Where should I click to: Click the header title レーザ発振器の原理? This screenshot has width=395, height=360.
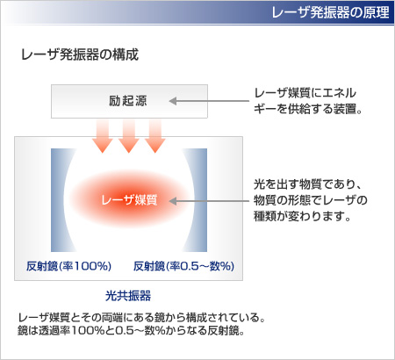coord(330,12)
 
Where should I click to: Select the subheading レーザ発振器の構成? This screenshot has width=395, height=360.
coord(80,54)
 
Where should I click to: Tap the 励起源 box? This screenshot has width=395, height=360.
coord(129,101)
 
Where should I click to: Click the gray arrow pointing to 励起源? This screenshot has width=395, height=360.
coord(209,101)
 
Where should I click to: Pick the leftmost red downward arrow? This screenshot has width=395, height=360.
coord(103,136)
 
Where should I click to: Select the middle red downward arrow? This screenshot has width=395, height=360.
coord(129,136)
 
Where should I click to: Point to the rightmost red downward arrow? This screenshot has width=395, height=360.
coord(155,136)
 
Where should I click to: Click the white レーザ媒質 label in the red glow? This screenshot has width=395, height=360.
coord(129,200)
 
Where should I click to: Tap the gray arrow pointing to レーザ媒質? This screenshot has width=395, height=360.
coord(209,201)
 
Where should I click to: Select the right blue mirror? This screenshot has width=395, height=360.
coord(200,200)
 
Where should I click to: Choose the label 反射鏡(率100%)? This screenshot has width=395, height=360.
coord(68,266)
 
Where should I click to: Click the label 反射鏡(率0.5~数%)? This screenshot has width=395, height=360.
coord(183,266)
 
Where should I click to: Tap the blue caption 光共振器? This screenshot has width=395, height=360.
coord(128,296)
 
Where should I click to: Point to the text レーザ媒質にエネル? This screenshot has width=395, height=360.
coord(305,93)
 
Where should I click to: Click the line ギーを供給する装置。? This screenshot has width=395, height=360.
coord(308,109)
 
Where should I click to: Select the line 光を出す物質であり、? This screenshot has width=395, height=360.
coord(308,184)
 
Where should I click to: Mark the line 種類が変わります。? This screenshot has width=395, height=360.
coord(302,216)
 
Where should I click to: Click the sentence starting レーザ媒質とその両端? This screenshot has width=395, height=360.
coord(141,317)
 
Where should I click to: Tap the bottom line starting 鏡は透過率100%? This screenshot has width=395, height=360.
coord(131,330)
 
